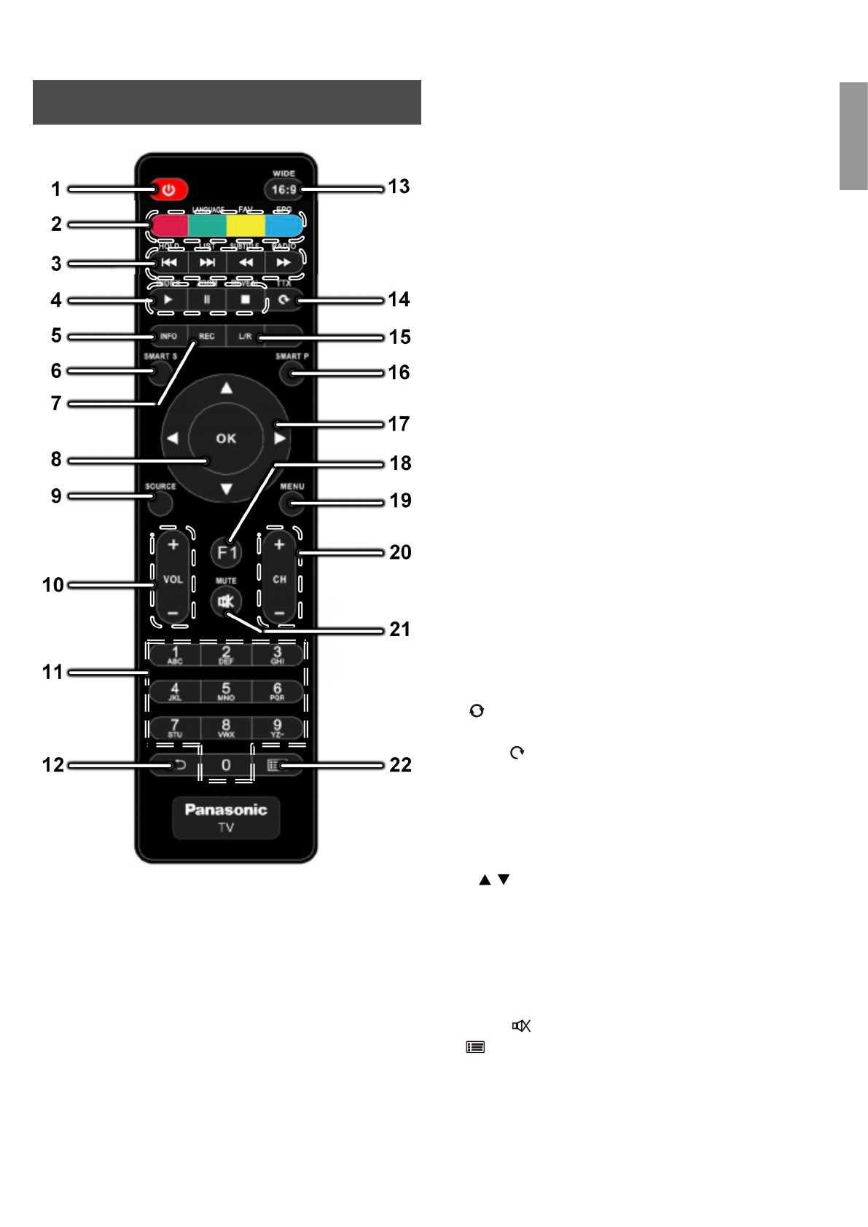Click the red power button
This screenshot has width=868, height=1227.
point(169,190)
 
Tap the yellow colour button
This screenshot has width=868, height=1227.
point(246,225)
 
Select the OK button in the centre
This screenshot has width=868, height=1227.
point(226,438)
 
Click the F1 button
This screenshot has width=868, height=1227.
point(227,552)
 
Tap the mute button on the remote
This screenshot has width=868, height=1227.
point(226,602)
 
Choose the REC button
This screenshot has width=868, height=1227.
point(207,337)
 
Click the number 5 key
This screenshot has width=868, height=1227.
point(226,691)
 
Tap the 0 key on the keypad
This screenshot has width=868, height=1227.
point(226,765)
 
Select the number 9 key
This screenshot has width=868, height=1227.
point(277,727)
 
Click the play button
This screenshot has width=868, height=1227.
point(168,299)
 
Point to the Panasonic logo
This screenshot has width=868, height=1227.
point(226,809)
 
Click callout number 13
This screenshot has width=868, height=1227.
point(399,187)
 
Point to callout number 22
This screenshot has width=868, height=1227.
point(400,765)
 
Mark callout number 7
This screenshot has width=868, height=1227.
point(56,404)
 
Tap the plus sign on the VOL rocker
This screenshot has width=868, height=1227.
point(173,545)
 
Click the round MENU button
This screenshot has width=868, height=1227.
point(292,502)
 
